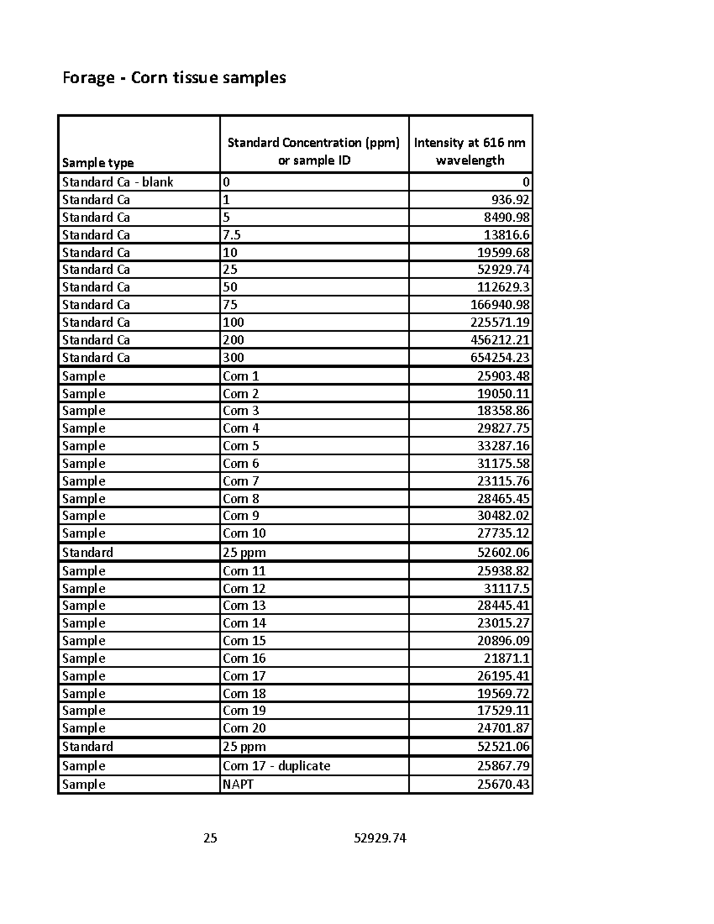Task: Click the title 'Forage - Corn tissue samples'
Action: (x=174, y=78)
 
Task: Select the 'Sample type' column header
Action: (x=98, y=163)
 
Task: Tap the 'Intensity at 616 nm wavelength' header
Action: (x=470, y=151)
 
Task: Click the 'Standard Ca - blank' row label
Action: (x=117, y=182)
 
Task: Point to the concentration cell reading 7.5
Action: (x=231, y=235)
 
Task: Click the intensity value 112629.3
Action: (x=503, y=287)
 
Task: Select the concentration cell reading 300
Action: (x=233, y=358)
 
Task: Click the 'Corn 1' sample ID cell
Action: (x=241, y=376)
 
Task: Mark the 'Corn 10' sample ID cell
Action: (x=244, y=533)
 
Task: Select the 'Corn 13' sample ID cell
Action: (x=244, y=606)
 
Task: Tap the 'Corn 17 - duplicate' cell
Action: (x=276, y=766)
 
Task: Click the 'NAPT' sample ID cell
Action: (x=238, y=784)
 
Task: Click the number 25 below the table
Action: (x=210, y=838)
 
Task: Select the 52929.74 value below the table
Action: (x=380, y=838)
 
